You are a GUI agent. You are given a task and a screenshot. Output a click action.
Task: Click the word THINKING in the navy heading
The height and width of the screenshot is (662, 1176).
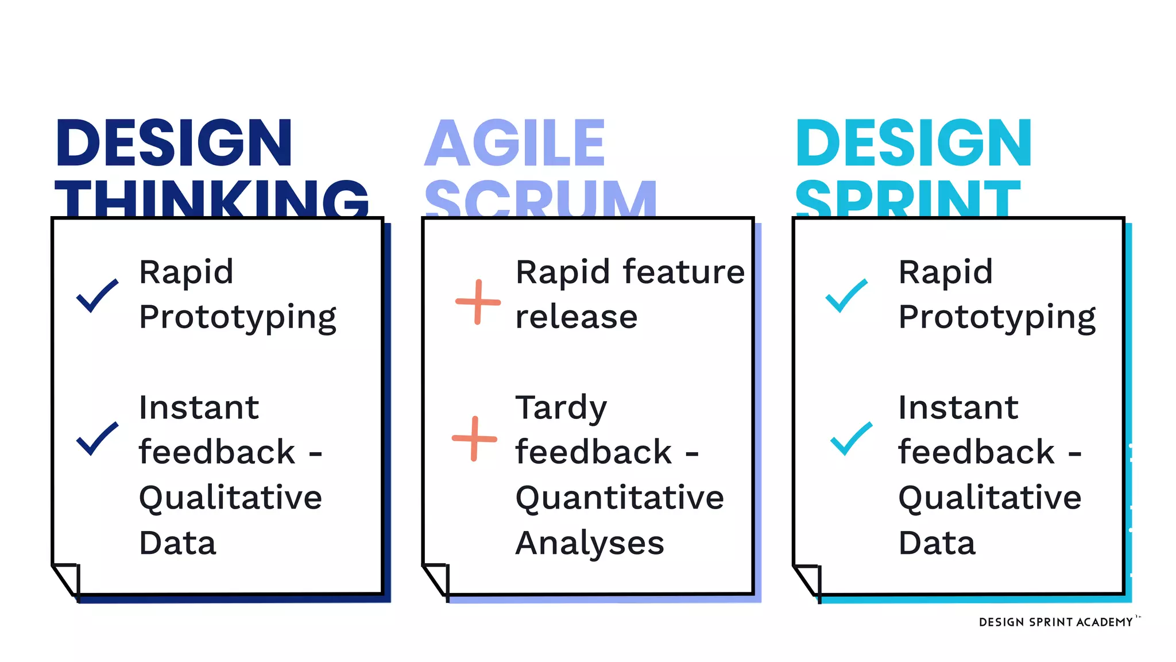point(211,198)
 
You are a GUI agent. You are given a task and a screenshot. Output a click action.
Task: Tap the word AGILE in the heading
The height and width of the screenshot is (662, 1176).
point(514,144)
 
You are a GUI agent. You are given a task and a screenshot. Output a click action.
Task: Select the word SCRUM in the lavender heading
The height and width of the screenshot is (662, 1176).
point(540,198)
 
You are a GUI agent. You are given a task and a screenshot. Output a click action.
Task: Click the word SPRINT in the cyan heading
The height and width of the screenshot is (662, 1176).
point(908,198)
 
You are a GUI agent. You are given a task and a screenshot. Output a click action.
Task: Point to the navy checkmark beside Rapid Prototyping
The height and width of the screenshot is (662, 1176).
point(97,296)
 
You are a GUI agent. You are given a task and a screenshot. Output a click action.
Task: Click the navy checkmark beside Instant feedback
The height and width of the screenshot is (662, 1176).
point(97,438)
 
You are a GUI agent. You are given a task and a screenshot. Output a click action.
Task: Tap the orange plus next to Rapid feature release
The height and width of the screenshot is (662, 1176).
point(478,302)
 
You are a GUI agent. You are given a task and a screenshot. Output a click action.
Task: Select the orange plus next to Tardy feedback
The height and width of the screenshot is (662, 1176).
point(474,438)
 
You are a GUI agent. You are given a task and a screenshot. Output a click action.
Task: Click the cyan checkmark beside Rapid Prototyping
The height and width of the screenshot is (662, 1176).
point(846,296)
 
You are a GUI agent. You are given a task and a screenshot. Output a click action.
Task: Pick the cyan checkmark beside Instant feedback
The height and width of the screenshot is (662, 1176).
point(851,438)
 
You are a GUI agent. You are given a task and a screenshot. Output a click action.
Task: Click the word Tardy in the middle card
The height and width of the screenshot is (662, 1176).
point(561,408)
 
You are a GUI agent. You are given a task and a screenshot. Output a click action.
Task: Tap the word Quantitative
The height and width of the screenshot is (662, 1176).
point(620,498)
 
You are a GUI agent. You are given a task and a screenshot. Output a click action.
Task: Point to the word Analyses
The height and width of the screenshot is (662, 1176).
point(590,543)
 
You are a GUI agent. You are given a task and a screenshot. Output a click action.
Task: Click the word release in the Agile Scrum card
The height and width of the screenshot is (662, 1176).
point(577,317)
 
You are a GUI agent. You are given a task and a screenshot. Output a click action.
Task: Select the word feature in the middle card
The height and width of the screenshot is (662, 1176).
point(683,272)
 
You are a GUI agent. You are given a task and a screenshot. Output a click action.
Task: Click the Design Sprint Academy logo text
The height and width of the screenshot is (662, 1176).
point(1055,622)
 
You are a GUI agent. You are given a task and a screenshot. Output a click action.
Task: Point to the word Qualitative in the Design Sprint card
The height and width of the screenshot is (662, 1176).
point(989,498)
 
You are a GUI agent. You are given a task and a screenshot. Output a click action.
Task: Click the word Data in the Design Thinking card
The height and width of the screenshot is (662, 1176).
point(177,543)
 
